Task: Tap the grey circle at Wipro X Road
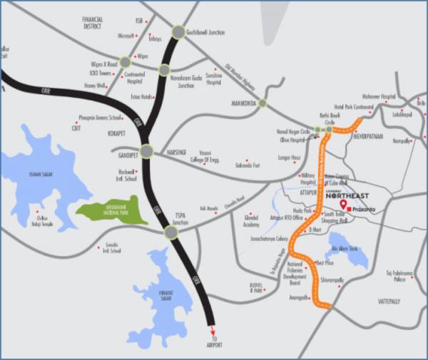tap(126, 62)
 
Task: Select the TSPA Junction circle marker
tap(171, 232)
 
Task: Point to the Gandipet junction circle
tap(146, 151)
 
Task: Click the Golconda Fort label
tap(265, 166)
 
